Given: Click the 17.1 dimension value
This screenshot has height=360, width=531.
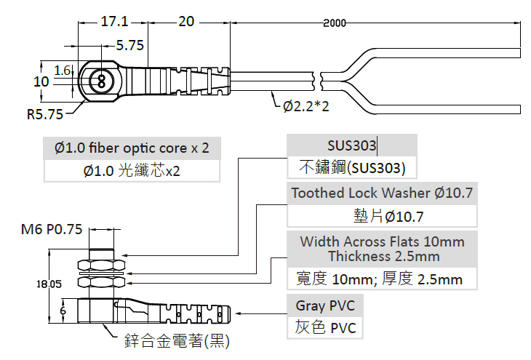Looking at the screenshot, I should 114,22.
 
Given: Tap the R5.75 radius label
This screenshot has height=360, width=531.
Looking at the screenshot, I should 44,114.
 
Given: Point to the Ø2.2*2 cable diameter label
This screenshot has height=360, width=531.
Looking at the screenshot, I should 306,107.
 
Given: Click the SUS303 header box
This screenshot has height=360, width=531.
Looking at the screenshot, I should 352,146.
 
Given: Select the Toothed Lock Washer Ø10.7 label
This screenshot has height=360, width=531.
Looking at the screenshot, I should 382,193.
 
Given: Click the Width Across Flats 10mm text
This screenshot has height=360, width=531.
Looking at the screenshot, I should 382,241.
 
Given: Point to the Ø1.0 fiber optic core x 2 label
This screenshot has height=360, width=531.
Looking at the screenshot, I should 132,148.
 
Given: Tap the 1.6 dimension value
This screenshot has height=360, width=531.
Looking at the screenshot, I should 62,71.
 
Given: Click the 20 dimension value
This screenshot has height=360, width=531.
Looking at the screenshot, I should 186,22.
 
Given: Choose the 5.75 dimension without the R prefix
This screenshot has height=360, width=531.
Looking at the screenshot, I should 129,45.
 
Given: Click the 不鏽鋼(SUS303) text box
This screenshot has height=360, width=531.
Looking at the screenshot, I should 352,168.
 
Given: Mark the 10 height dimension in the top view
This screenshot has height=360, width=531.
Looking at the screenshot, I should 41,81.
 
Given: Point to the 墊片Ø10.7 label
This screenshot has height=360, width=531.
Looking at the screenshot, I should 382,216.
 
